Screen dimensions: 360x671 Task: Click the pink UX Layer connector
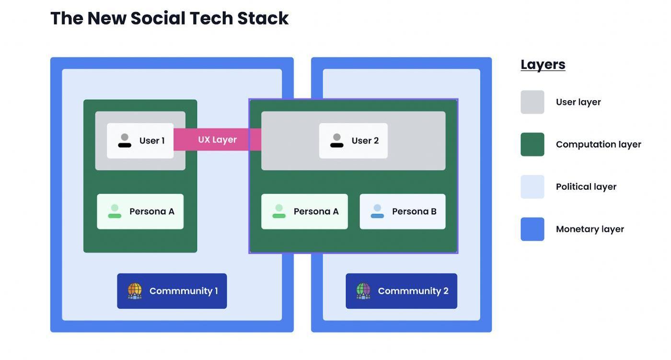click(217, 139)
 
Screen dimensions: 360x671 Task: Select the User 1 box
click(140, 140)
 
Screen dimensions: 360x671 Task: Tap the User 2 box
click(353, 140)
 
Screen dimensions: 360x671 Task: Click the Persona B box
click(402, 211)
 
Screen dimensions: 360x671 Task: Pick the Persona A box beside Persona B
click(304, 211)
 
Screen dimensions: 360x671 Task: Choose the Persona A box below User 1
click(140, 211)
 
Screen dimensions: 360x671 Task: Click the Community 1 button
click(172, 291)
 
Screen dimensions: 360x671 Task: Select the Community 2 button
click(401, 291)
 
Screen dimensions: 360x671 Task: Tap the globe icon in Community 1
click(135, 291)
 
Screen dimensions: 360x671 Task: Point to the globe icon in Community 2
click(363, 291)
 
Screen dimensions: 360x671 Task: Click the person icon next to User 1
click(125, 140)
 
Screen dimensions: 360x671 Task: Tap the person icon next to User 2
click(337, 140)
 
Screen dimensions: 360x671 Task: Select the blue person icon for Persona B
click(377, 211)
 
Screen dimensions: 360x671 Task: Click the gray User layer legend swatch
click(532, 102)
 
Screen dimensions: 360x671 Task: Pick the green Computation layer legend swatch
click(532, 144)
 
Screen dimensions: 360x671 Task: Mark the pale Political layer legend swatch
click(532, 186)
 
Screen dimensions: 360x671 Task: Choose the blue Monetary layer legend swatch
click(532, 229)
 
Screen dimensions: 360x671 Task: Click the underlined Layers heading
click(543, 65)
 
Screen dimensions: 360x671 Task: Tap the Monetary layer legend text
click(590, 229)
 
